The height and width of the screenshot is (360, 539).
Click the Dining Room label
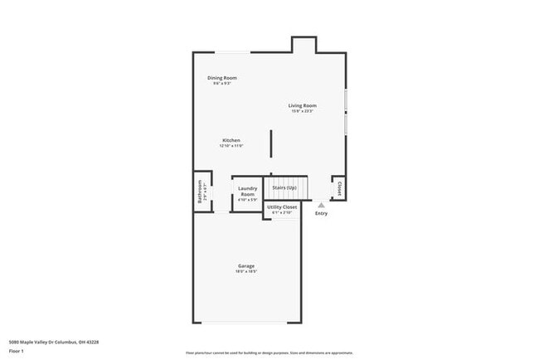(221, 78)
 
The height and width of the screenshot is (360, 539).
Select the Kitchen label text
(231, 140)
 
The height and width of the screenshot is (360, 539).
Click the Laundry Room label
(247, 192)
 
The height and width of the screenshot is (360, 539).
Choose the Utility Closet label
(282, 207)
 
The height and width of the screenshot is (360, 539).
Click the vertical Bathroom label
(200, 192)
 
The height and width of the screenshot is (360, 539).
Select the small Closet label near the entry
(338, 188)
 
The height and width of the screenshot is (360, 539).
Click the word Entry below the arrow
(321, 213)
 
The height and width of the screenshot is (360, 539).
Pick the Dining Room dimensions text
(221, 84)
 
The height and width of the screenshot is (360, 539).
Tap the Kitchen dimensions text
(231, 146)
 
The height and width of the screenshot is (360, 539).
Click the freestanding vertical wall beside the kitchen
(270, 144)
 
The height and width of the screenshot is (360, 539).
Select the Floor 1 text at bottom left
(16, 351)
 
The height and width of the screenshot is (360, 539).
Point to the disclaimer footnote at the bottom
(269, 353)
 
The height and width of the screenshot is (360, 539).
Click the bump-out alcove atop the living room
(303, 45)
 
